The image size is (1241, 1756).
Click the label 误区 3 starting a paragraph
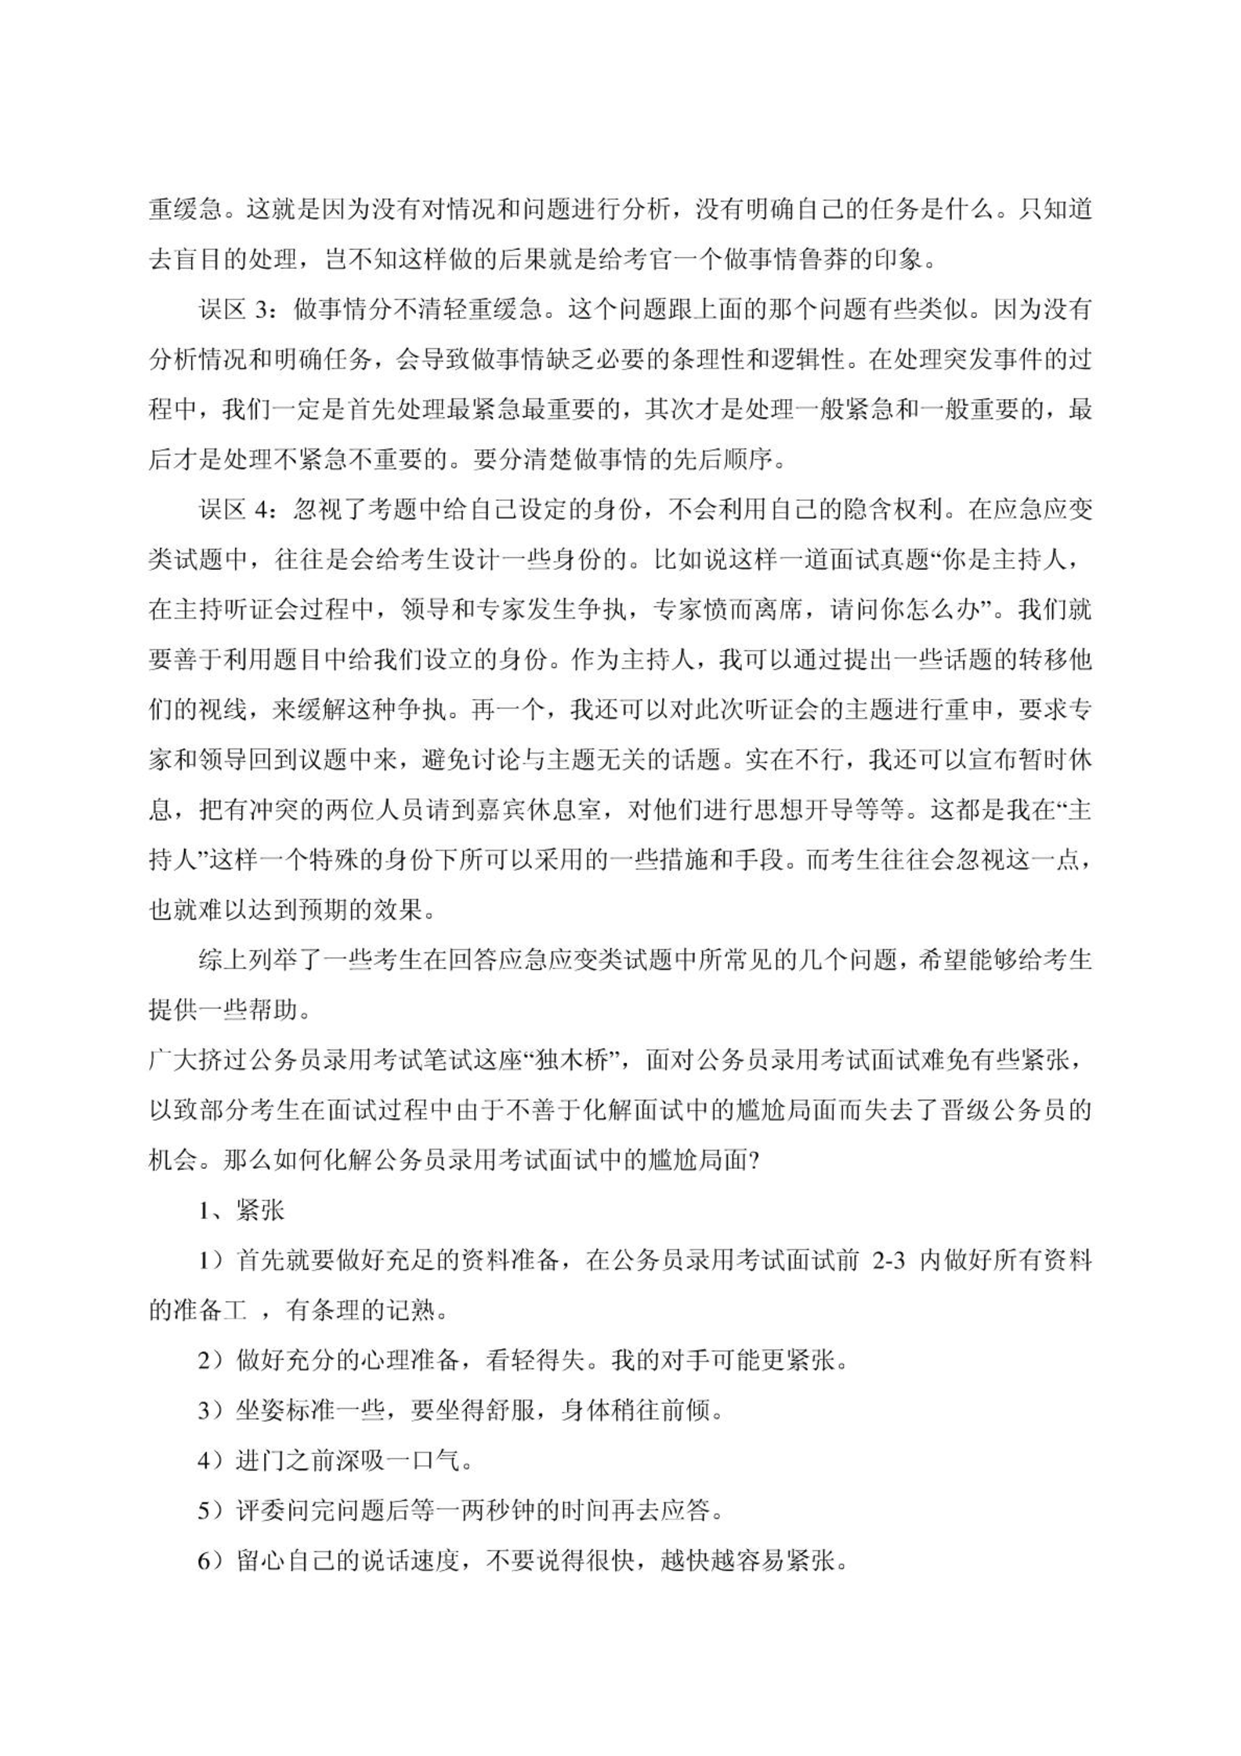coord(234,310)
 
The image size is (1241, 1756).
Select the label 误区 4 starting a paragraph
coord(234,511)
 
